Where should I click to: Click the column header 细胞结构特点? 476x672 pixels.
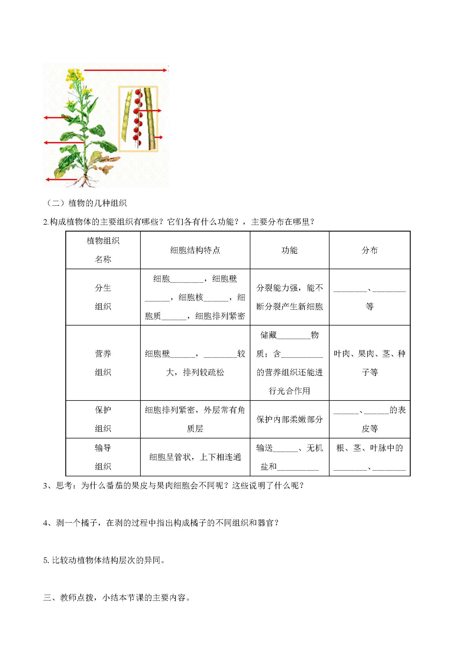pyautogui.click(x=195, y=250)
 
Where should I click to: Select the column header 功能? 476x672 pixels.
pyautogui.click(x=289, y=250)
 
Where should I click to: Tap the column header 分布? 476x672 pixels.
pyautogui.click(x=370, y=250)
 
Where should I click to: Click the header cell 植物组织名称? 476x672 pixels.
pyautogui.click(x=103, y=250)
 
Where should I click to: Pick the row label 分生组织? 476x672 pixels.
pyautogui.click(x=103, y=297)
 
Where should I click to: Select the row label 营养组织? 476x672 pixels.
pyautogui.click(x=103, y=363)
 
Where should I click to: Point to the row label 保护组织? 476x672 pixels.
pyautogui.click(x=103, y=419)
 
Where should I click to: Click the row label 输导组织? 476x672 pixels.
pyautogui.click(x=103, y=457)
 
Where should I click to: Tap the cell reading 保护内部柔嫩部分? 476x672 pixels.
pyautogui.click(x=289, y=419)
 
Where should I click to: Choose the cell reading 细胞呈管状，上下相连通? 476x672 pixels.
pyautogui.click(x=195, y=457)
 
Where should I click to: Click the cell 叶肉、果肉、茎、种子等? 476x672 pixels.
pyautogui.click(x=370, y=363)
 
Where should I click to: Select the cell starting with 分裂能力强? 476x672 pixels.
pyautogui.click(x=289, y=297)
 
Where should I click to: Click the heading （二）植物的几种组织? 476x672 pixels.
pyautogui.click(x=85, y=203)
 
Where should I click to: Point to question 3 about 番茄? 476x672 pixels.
pyautogui.click(x=173, y=486)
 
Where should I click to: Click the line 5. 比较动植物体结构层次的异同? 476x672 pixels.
pyautogui.click(x=104, y=560)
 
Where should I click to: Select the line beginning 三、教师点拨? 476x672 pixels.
pyautogui.click(x=117, y=598)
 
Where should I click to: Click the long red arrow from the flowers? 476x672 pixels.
pyautogui.click(x=125, y=70)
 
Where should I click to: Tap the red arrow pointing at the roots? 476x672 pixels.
pyautogui.click(x=61, y=179)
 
